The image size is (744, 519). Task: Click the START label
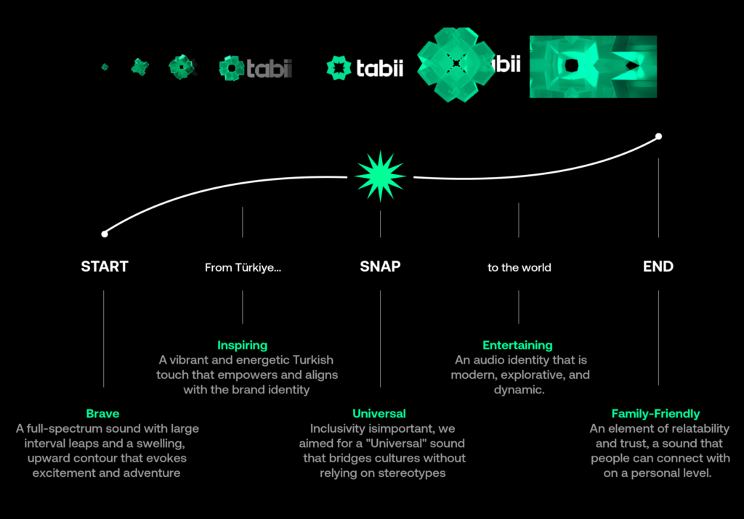click(x=105, y=266)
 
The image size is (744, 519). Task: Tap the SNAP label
click(x=380, y=266)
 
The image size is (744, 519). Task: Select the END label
click(x=658, y=266)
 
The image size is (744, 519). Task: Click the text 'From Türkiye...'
click(x=243, y=267)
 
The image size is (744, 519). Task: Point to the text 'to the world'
click(x=519, y=267)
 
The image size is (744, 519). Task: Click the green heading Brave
click(x=102, y=413)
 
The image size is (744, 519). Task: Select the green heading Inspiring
click(x=243, y=345)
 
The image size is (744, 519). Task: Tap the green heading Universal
click(x=379, y=413)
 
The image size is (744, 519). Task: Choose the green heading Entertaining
click(x=517, y=345)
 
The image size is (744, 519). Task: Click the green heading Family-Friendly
click(x=656, y=414)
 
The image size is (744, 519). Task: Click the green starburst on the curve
click(x=380, y=176)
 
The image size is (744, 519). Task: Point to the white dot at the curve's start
click(x=105, y=234)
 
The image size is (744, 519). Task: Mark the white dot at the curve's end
click(x=658, y=136)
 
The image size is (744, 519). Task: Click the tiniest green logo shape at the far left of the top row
click(x=105, y=67)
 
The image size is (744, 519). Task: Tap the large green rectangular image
click(x=593, y=67)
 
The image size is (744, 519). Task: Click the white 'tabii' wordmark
click(x=379, y=68)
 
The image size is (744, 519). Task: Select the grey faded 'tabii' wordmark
click(x=269, y=69)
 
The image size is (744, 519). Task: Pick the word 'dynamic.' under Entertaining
click(x=519, y=390)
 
